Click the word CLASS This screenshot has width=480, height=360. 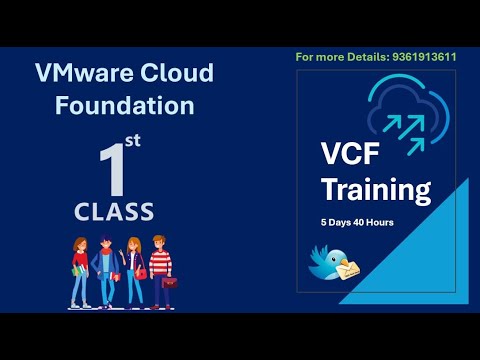coord(114,211)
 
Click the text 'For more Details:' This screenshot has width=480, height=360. coord(336,57)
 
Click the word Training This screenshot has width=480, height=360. coord(376,189)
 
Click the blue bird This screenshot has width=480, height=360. coord(328,265)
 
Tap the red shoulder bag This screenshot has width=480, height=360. coord(141,273)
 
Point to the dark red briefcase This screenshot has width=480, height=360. coord(170,282)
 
